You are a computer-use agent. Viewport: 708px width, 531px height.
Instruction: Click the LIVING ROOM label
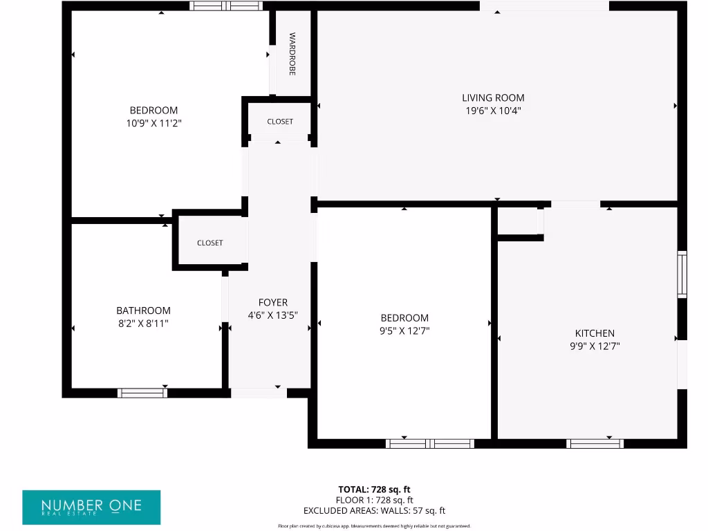[493, 98]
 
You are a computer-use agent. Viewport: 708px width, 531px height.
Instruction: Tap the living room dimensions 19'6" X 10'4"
[493, 111]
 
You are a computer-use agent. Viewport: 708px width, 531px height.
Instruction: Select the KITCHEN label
[595, 333]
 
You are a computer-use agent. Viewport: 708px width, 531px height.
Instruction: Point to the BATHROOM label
[143, 311]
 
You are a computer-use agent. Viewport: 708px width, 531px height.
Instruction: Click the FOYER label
[273, 303]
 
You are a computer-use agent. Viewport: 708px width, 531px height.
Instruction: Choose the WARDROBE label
[292, 54]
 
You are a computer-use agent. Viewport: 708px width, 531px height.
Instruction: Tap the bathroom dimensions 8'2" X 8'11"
[143, 323]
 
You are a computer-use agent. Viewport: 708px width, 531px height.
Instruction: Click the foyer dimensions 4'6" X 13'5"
[273, 315]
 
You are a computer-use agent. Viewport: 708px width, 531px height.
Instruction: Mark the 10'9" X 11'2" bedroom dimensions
[153, 123]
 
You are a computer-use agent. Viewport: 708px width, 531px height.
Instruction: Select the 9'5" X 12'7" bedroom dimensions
[404, 330]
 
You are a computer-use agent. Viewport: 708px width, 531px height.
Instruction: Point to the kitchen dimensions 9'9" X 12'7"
[595, 346]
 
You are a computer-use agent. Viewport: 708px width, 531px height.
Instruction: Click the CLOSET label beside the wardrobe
[280, 122]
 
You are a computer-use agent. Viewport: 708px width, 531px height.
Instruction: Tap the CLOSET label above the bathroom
[210, 243]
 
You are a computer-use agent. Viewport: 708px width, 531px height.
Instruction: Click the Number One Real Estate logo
[91, 507]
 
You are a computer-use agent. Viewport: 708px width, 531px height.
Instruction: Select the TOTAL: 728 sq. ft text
[374, 490]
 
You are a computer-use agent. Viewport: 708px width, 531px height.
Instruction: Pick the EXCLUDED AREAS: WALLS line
[374, 511]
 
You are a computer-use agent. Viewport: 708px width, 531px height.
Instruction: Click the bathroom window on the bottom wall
[142, 393]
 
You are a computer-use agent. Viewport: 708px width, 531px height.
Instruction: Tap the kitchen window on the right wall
[682, 274]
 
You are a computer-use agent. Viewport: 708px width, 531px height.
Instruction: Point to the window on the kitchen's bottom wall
[595, 443]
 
